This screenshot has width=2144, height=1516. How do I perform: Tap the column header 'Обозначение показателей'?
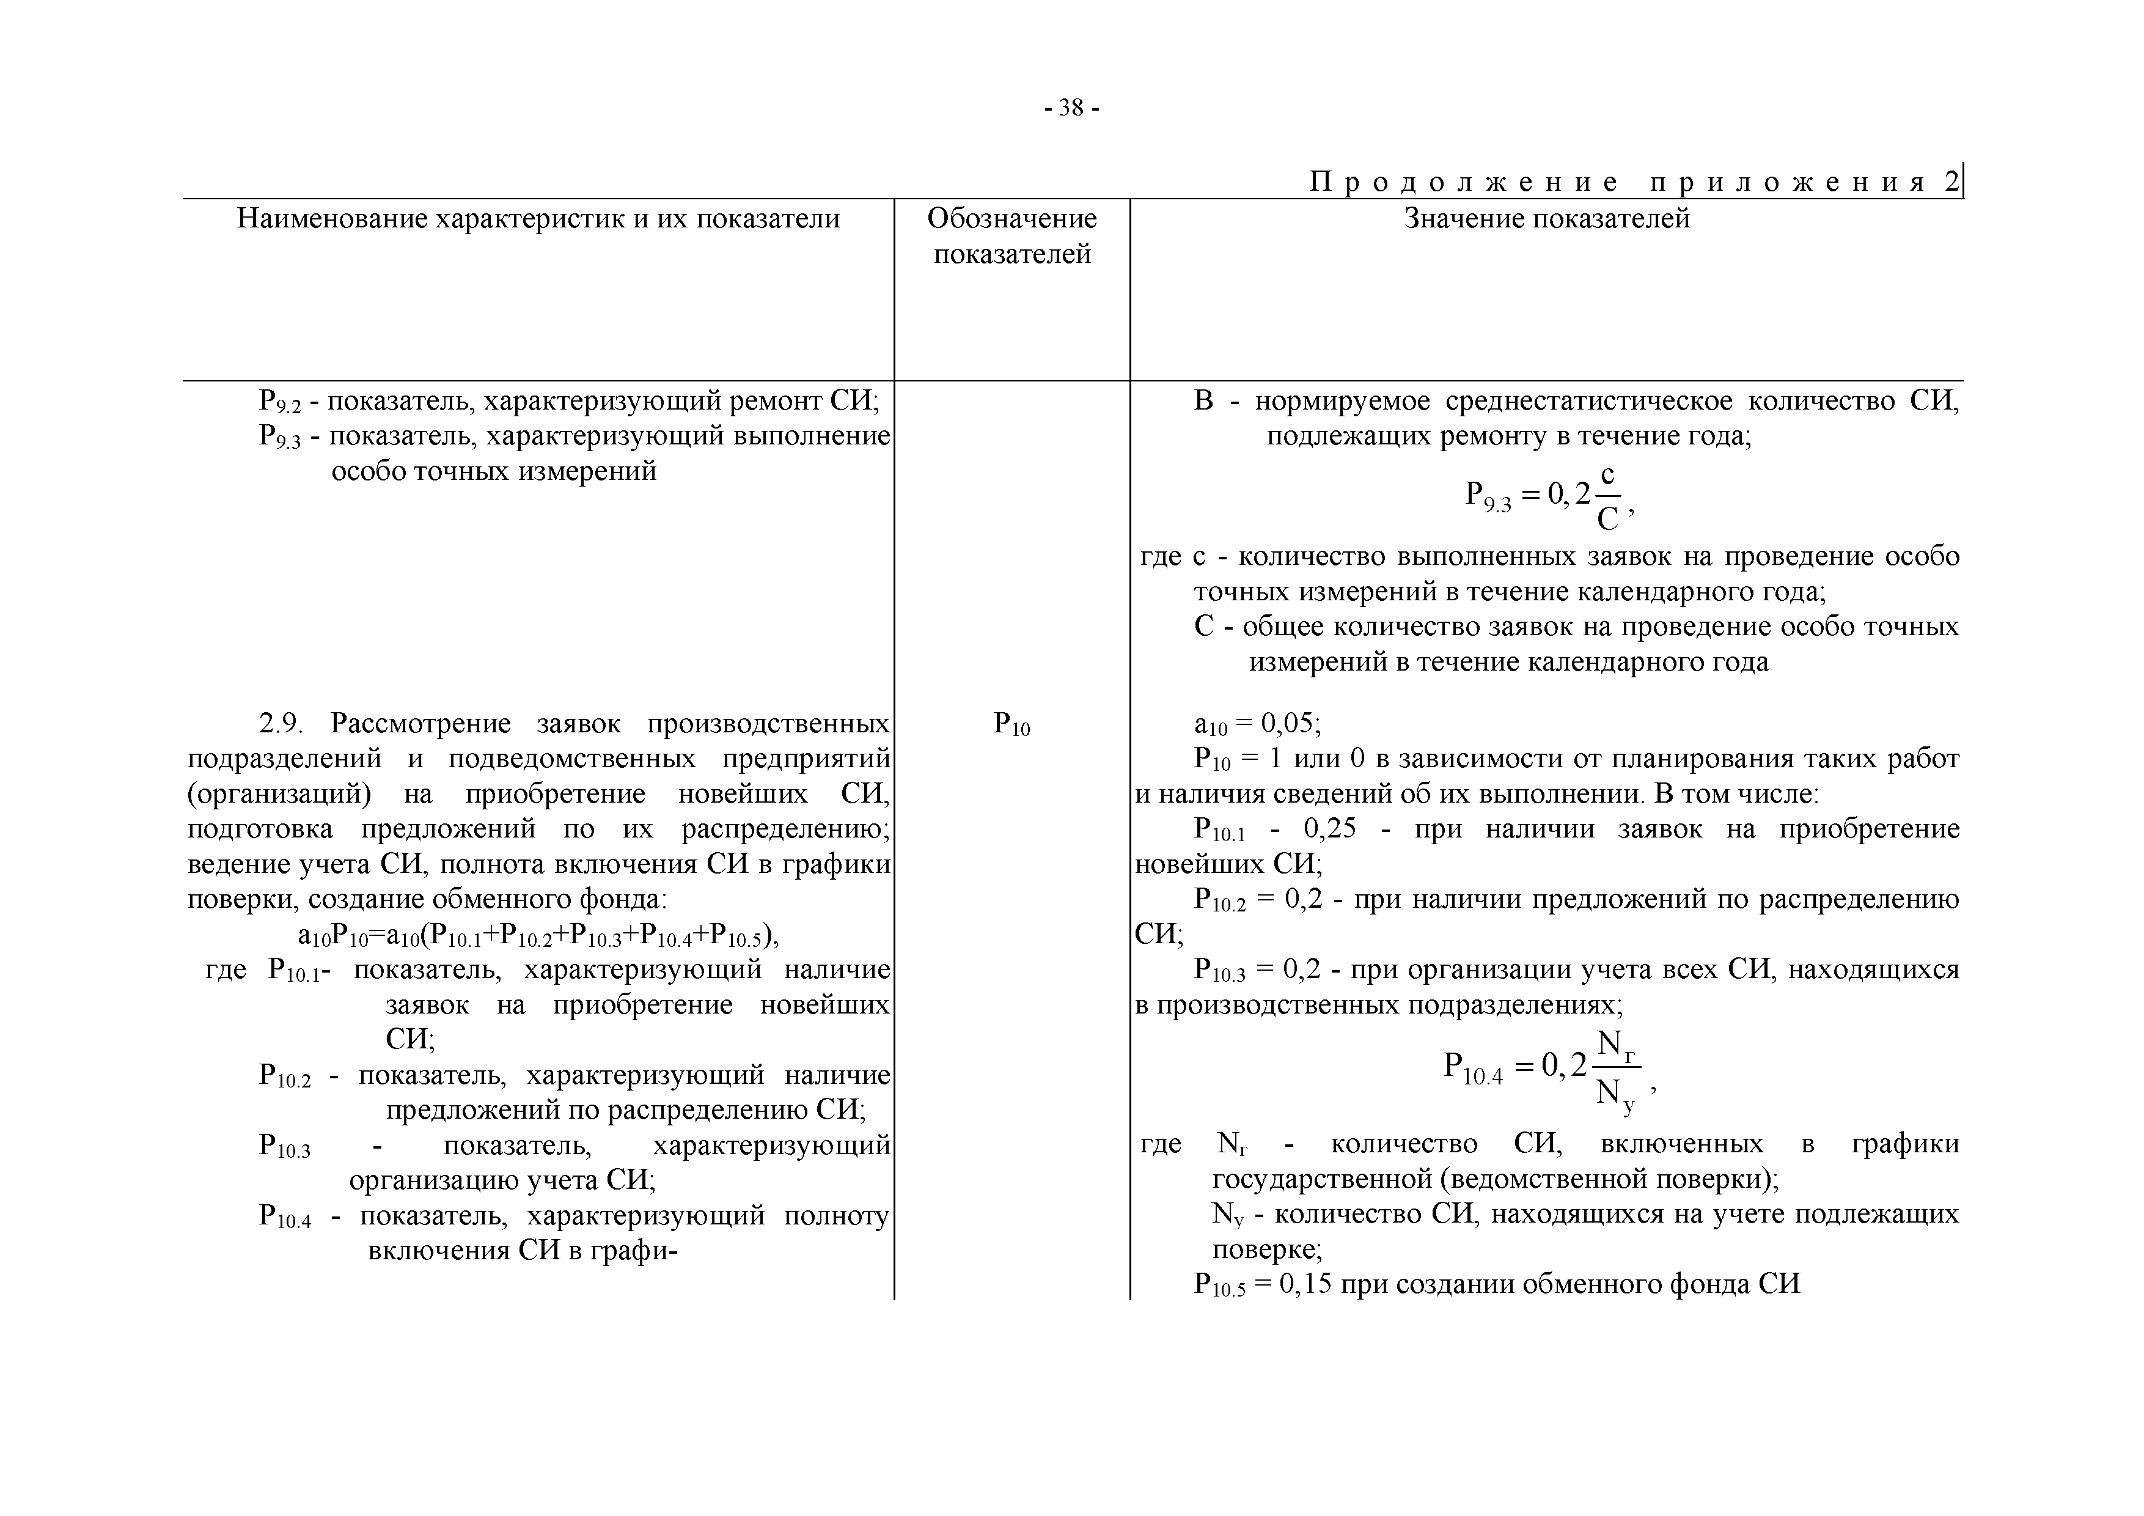[x=1011, y=237]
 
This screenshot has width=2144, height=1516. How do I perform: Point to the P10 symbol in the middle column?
[x=1011, y=724]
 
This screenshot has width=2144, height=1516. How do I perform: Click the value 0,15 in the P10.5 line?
[x=1304, y=1284]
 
